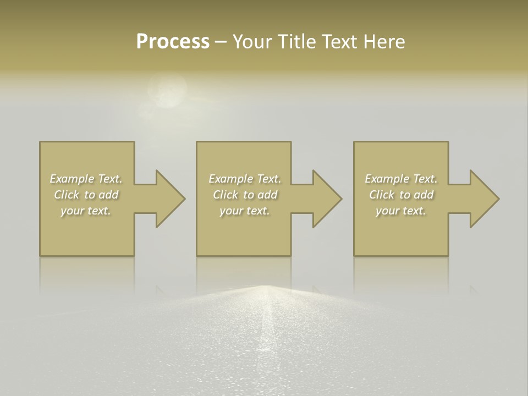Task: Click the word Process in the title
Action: (173, 42)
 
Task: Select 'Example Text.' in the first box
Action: (86, 179)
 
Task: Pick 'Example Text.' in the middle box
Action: (245, 179)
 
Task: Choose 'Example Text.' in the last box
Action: (401, 179)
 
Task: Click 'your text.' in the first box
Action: (86, 211)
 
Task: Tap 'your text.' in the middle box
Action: (245, 211)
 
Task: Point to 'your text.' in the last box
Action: (401, 211)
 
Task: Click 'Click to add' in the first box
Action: (86, 195)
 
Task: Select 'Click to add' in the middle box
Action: (245, 195)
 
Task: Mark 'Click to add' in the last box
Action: (401, 195)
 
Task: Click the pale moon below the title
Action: (167, 91)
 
